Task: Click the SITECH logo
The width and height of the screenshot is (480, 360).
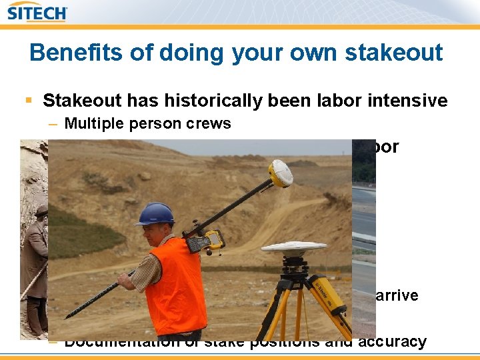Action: pos(38,13)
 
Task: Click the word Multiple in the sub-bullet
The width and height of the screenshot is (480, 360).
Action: pos(93,123)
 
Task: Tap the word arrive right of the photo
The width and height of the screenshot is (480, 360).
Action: pos(398,295)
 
